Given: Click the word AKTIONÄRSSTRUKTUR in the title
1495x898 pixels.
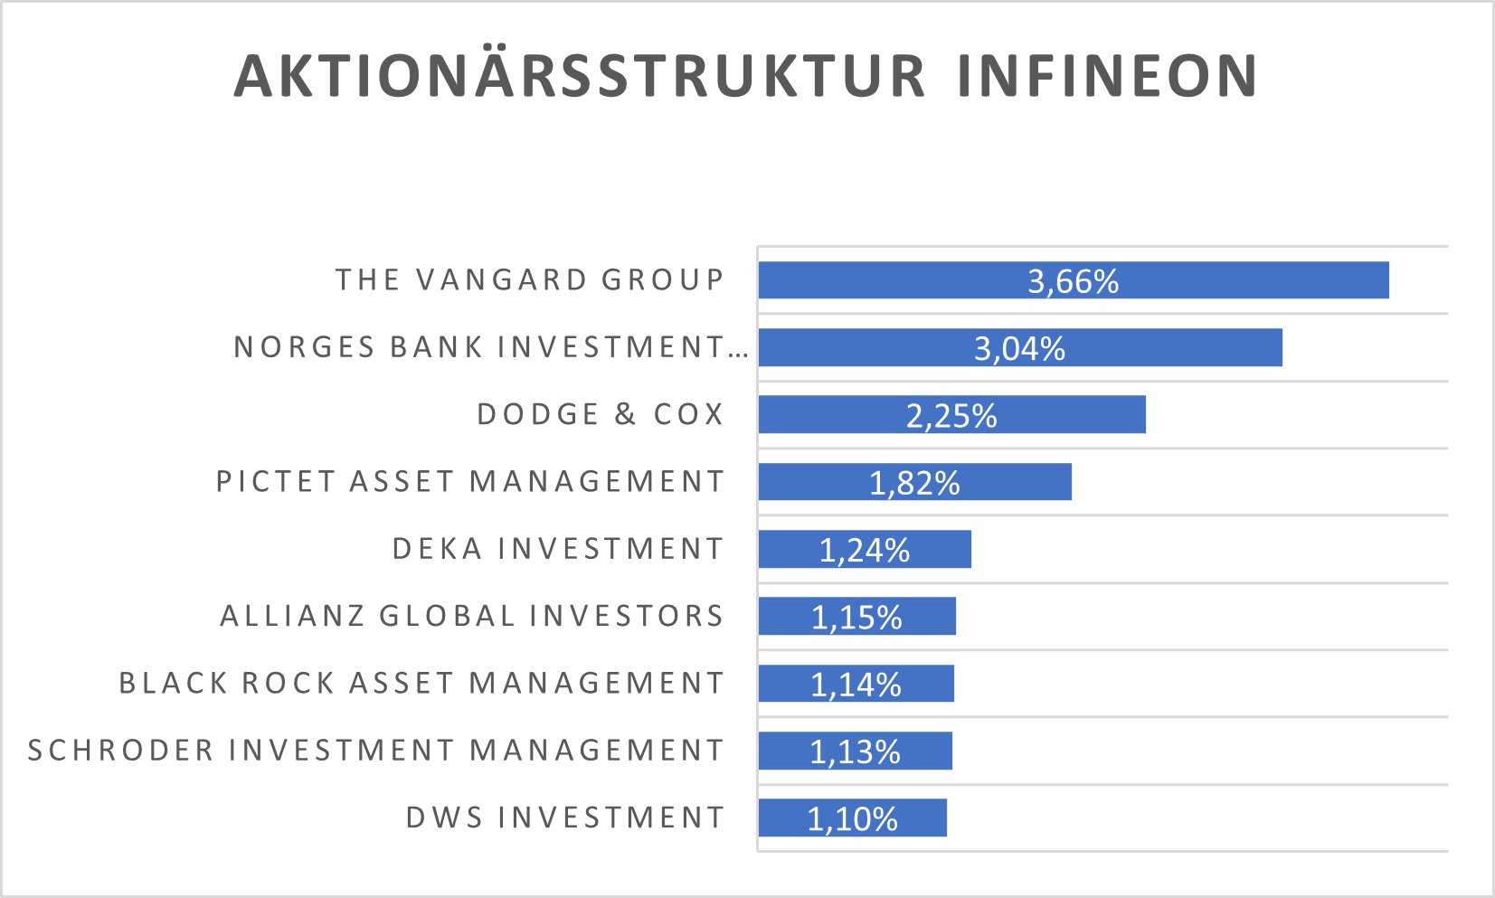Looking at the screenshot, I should (x=580, y=76).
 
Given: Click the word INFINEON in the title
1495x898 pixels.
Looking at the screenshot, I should (x=1107, y=76).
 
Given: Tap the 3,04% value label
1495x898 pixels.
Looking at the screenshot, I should (x=1019, y=348).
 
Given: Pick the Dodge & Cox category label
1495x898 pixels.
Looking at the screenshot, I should (x=601, y=414).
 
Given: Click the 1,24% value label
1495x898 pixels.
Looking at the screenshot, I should (x=864, y=550).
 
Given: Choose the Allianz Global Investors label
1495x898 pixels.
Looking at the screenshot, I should (x=472, y=616).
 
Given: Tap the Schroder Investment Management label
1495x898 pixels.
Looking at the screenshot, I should (x=376, y=751).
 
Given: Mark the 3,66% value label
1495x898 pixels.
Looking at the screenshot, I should (x=1073, y=281).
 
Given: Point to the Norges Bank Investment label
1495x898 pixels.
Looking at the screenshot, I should (x=490, y=347).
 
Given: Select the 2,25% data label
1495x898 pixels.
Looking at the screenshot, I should (x=951, y=416).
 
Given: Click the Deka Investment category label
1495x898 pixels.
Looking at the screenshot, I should (x=558, y=549).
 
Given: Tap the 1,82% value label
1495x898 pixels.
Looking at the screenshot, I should (x=914, y=483).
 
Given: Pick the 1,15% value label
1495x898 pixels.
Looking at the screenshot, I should (x=856, y=618).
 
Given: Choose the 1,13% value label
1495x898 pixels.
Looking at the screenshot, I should (x=855, y=751).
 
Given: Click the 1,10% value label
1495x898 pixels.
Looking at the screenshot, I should (x=852, y=819).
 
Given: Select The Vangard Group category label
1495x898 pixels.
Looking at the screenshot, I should (x=530, y=280).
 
